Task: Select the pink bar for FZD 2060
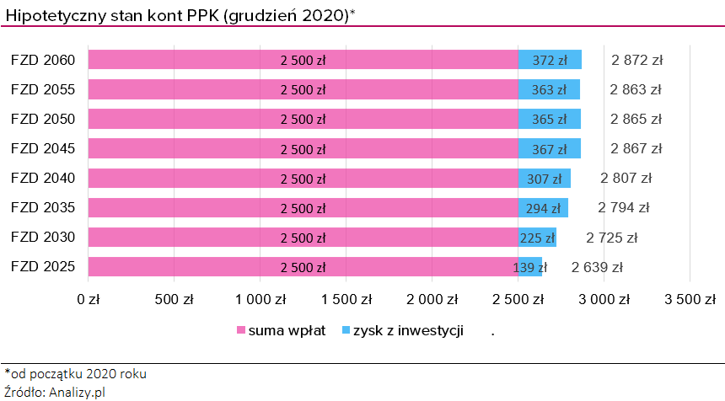pos(303,60)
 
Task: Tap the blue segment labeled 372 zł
pos(550,60)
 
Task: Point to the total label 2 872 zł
pos(637,60)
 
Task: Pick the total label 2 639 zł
pos(597,268)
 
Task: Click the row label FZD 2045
pos(43,149)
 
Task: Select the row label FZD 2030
pos(43,238)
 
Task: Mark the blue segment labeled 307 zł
pos(545,179)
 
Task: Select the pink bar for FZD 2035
pos(303,208)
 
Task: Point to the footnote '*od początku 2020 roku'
pos(69,373)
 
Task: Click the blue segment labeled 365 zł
pos(549,119)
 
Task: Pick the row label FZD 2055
pos(43,89)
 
